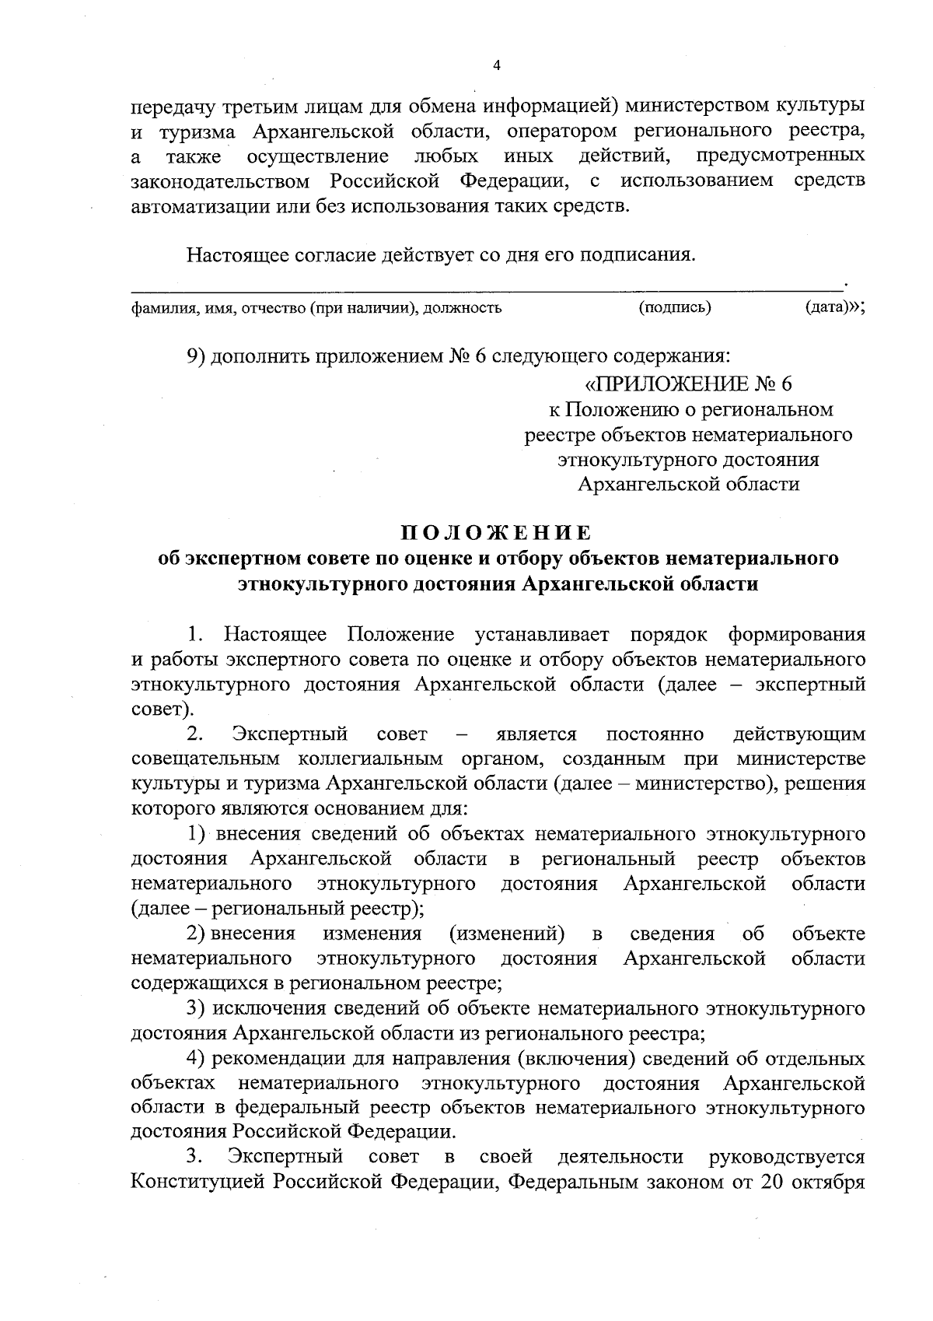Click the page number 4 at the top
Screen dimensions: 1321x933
497,65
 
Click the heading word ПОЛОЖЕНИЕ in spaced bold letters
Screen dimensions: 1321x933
497,533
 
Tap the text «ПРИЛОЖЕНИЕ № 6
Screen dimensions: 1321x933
688,384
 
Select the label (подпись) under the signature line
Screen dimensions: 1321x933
675,307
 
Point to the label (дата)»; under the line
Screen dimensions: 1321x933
834,307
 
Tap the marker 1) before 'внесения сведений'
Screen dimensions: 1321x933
197,834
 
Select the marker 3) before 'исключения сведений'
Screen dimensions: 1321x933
197,1009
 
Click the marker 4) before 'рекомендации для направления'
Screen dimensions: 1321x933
197,1059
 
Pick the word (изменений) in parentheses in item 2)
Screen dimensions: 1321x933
507,934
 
